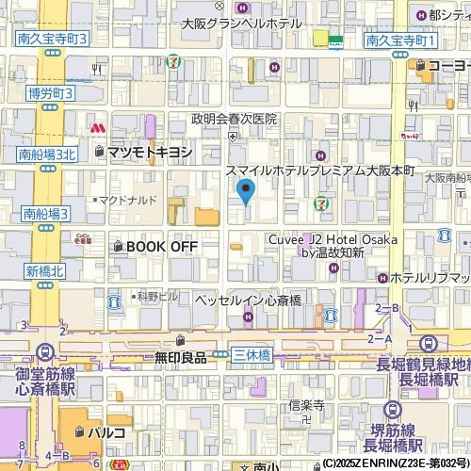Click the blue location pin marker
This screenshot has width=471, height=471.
point(246,193)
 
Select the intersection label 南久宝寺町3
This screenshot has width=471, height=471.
point(52,39)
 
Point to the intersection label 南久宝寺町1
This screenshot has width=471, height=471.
point(401,41)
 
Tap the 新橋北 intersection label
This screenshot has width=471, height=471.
point(43,270)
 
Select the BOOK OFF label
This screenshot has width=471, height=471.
point(162,246)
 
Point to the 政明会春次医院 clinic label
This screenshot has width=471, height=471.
point(234,119)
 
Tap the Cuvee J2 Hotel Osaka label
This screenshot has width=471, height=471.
point(331,240)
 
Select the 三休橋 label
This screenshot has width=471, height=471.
point(252,355)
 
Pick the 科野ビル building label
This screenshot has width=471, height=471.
point(157,296)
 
